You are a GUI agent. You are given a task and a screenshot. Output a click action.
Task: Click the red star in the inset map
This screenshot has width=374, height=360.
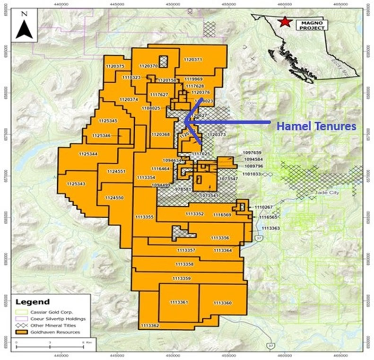point(285,22)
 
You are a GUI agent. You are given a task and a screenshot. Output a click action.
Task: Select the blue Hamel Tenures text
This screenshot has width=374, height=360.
point(316,126)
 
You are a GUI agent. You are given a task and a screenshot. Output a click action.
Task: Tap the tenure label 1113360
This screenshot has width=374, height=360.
point(222,302)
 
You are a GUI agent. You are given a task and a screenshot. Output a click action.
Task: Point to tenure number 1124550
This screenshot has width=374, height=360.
point(114,197)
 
